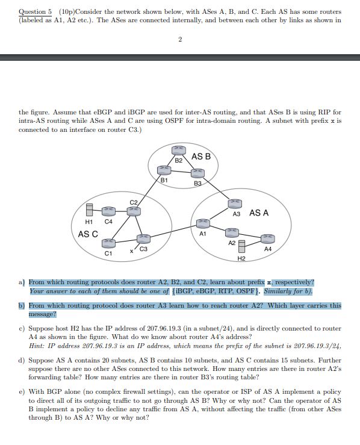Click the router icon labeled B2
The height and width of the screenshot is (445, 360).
[x=178, y=150]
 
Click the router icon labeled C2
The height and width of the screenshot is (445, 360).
[x=134, y=210]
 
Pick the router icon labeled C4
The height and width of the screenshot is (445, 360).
[x=108, y=211]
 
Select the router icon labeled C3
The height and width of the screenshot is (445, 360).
[x=143, y=239]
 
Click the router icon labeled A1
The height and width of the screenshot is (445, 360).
[x=203, y=223]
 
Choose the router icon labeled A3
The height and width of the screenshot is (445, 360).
[x=236, y=205]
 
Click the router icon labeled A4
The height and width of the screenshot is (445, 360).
[x=267, y=238]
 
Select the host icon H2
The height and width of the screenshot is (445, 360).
[x=241, y=247]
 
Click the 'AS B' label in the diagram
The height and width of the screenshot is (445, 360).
[x=200, y=156]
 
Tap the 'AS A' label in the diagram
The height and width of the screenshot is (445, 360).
[x=259, y=213]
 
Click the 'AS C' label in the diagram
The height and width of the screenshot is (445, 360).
[x=88, y=234]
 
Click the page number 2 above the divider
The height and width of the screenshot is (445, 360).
[x=180, y=40]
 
